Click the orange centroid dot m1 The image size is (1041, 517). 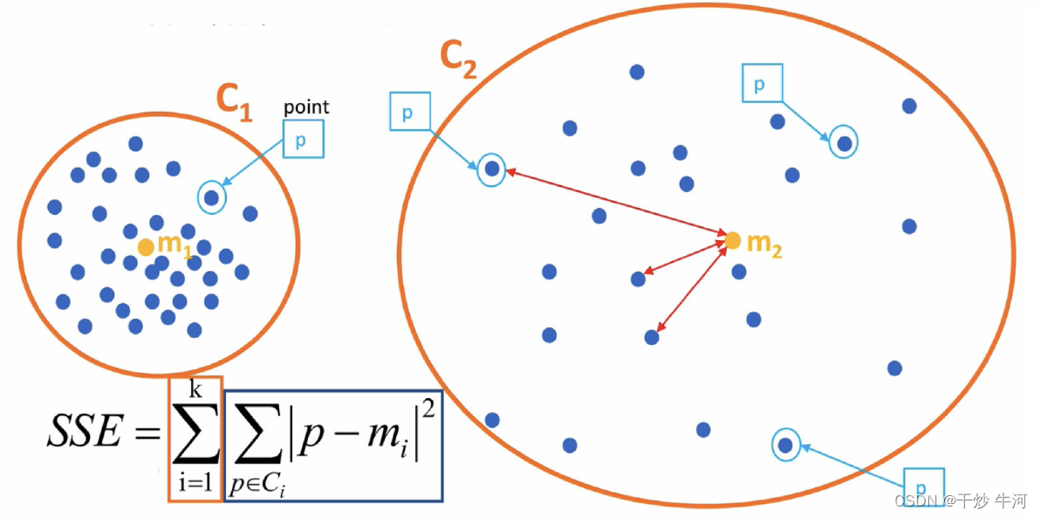(x=146, y=247)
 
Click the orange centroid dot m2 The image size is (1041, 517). (x=732, y=239)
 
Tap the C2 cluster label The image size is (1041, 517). (x=458, y=59)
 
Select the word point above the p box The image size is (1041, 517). (x=305, y=107)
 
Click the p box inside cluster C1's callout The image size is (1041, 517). (x=303, y=139)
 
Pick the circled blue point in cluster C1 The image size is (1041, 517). (x=212, y=198)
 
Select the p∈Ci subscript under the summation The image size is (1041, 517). (x=258, y=486)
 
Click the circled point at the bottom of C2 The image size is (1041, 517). (x=784, y=445)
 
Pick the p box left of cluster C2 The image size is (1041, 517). (x=407, y=114)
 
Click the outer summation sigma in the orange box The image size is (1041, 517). (x=195, y=434)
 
